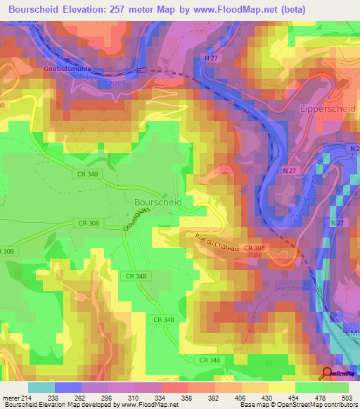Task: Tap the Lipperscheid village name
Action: [328, 109]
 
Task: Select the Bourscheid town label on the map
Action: [157, 201]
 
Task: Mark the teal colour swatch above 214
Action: [41, 387]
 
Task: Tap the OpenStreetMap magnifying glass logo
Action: [327, 373]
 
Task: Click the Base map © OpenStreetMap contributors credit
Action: [297, 405]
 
